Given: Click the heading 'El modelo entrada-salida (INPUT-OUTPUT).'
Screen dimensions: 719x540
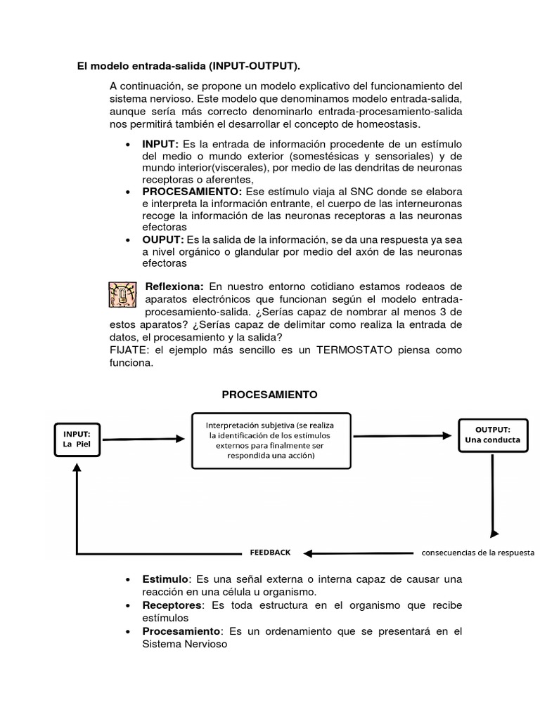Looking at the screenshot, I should coord(188,67).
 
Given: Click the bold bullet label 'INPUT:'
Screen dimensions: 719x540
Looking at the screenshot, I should coord(160,143).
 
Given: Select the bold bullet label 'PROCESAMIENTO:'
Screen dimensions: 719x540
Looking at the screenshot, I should coord(192,191).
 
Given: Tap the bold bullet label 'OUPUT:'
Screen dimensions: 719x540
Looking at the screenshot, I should coord(162,239).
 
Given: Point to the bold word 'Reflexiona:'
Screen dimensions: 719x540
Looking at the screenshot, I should coord(174,286).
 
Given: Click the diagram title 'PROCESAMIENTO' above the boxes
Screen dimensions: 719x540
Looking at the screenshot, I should coord(270,395).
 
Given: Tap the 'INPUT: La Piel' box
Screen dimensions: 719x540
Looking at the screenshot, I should coord(77,439).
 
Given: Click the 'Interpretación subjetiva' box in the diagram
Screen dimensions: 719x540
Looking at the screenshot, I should coord(271,440).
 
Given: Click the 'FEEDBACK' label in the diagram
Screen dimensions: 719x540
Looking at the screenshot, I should coord(270,553).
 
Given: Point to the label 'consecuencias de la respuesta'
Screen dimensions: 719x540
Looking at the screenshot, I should coord(478,552).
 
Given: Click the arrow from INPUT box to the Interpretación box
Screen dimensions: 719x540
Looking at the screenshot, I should coord(143,439).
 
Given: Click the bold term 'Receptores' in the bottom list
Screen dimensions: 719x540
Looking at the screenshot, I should coord(172,605).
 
